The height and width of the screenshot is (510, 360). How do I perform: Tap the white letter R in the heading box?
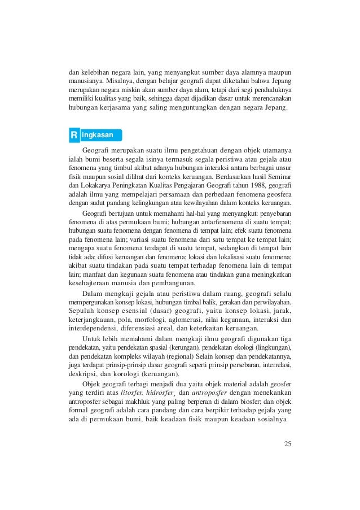[73, 136]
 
